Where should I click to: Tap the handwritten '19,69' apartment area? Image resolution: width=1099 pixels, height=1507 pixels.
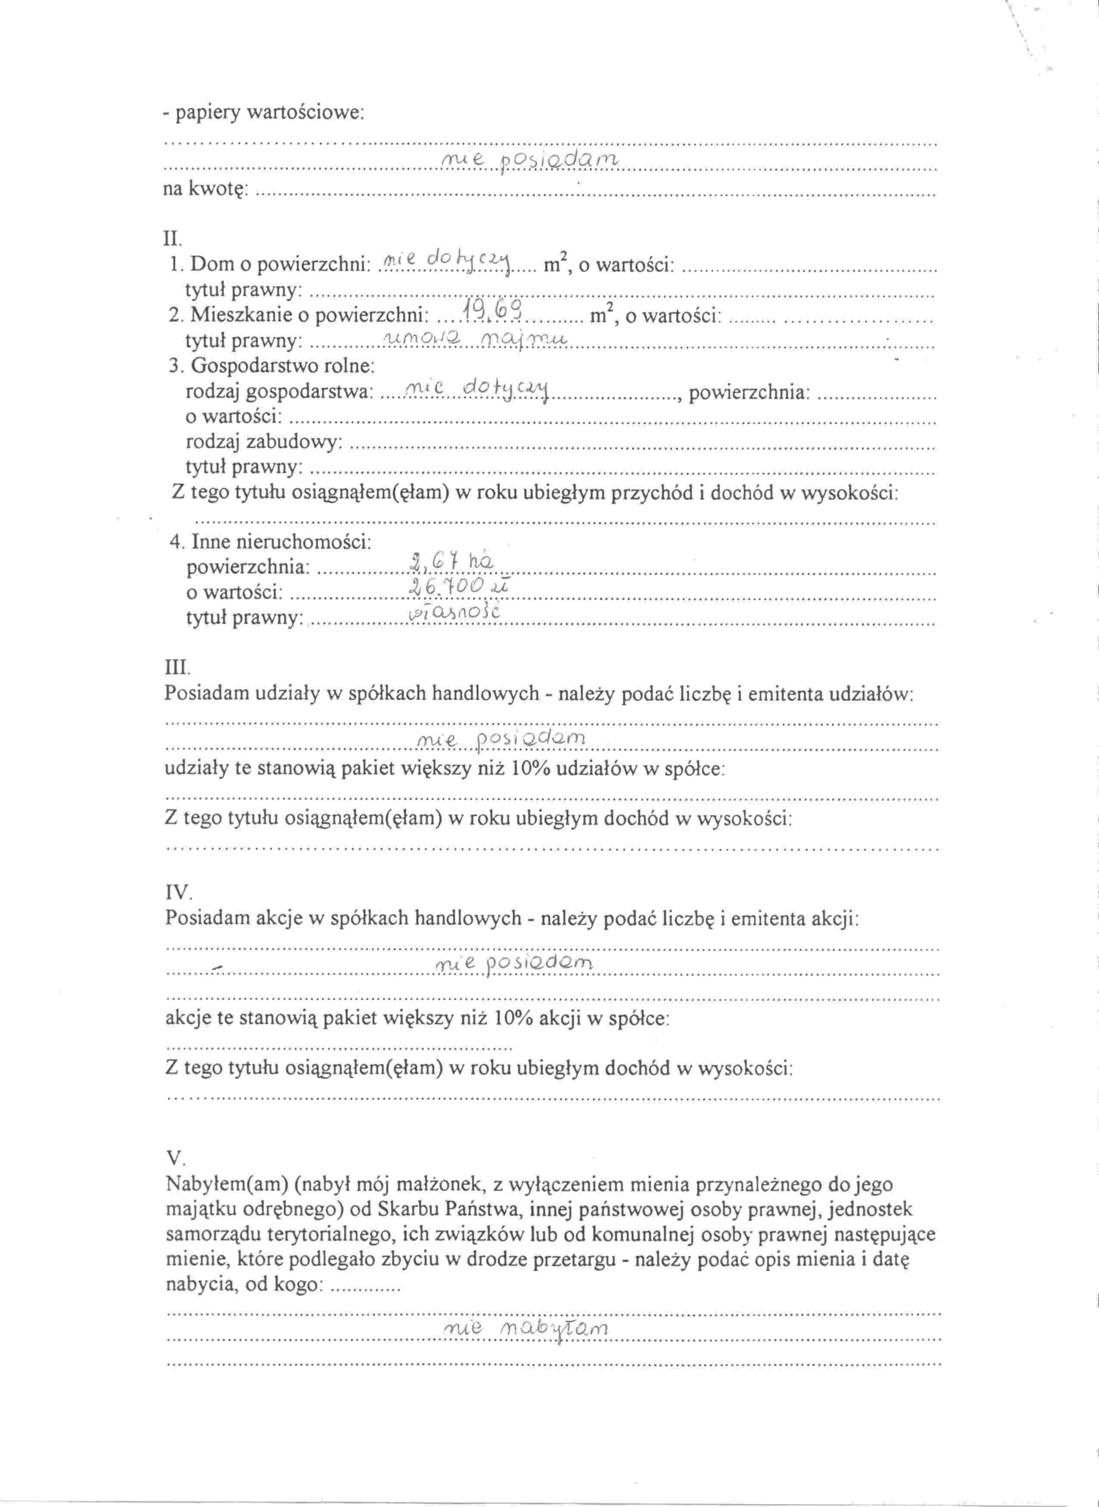click(495, 310)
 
